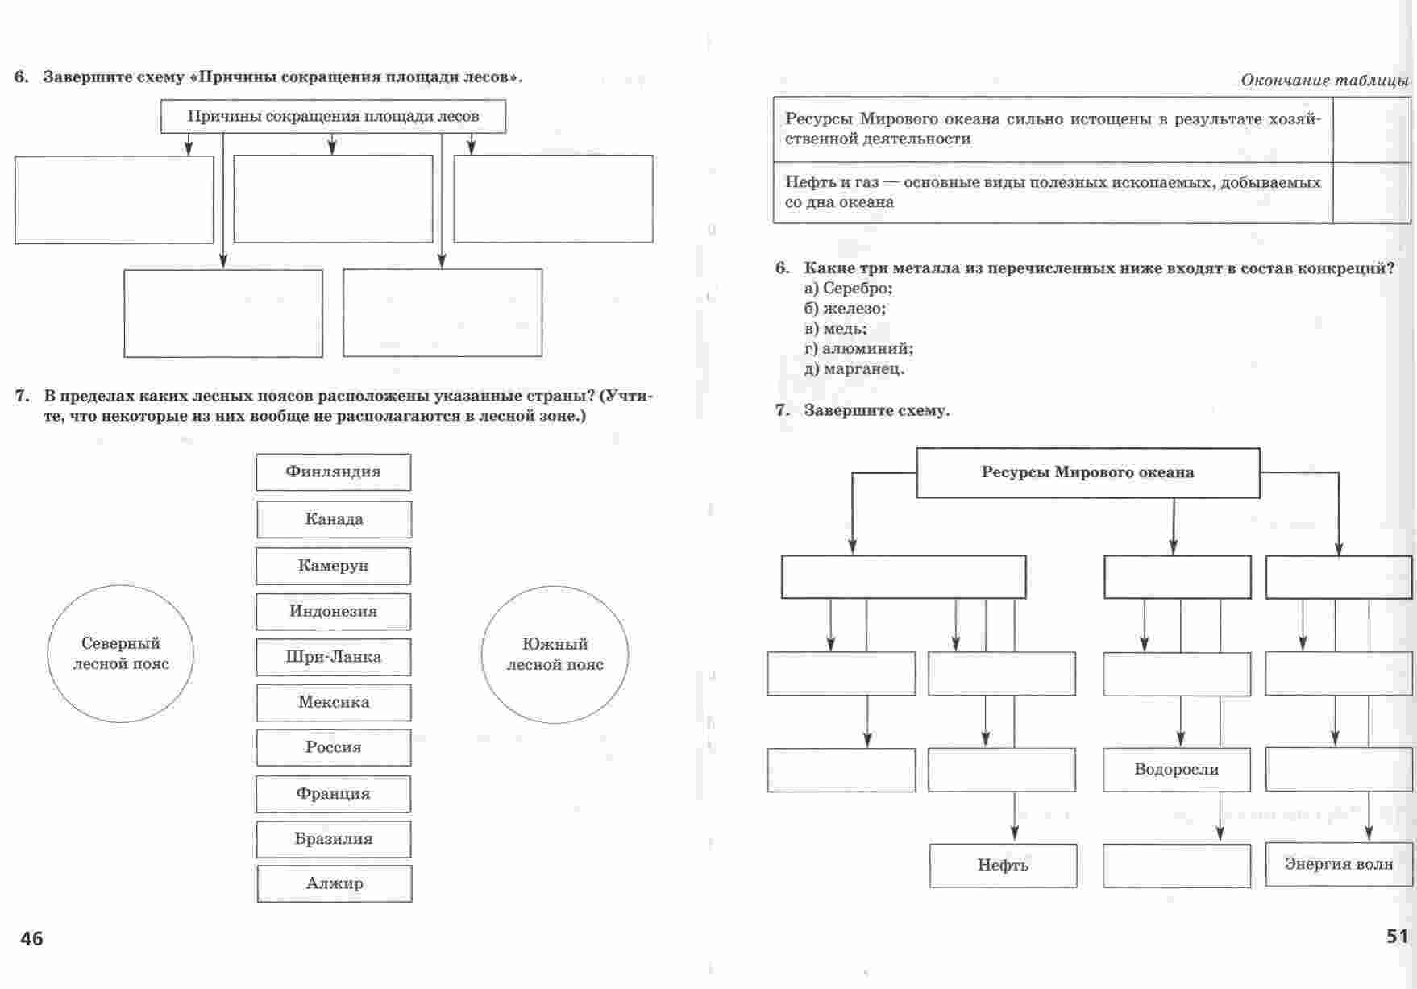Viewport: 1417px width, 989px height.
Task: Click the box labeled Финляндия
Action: (333, 472)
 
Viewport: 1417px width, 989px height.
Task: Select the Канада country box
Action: (334, 519)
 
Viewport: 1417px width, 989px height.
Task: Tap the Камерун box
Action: (333, 566)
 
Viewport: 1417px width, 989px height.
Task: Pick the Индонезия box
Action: (333, 612)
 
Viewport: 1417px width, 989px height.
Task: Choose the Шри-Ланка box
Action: (333, 657)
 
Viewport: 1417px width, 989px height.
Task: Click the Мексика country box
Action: (334, 702)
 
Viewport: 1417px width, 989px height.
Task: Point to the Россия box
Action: (334, 747)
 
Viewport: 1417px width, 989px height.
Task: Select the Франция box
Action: (333, 794)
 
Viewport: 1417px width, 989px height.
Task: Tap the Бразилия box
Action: (333, 839)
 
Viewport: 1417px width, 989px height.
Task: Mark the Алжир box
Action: (335, 883)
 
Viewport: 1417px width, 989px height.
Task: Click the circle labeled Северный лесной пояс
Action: (121, 654)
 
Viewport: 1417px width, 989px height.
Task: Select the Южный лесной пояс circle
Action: (555, 654)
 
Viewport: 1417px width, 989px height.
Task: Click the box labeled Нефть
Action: (1003, 866)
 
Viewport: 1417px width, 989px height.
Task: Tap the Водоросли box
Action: (1176, 770)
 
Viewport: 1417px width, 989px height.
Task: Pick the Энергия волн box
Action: (1338, 864)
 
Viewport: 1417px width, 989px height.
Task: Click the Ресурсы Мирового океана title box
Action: (1087, 473)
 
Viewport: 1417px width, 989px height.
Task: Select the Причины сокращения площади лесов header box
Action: (333, 117)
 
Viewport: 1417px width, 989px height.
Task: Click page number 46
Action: (32, 939)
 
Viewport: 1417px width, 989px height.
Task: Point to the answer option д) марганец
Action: (854, 369)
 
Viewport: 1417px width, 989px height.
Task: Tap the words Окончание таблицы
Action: (1324, 81)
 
